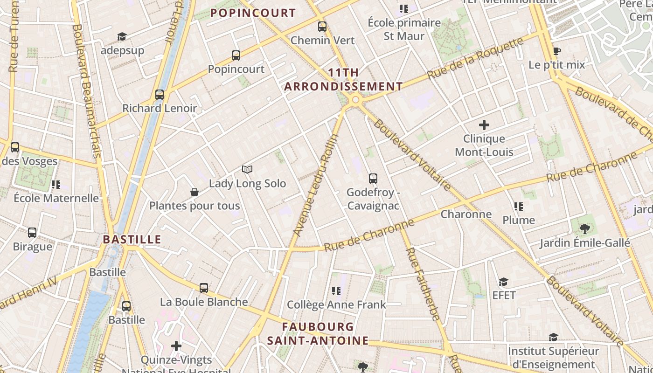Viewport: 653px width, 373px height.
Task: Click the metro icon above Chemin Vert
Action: coord(322,27)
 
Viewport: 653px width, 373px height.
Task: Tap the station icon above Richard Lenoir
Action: coord(160,95)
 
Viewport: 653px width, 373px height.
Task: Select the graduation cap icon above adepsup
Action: coord(122,36)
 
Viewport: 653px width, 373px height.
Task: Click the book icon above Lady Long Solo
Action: coord(247,169)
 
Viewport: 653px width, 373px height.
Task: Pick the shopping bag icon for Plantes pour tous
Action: coord(195,192)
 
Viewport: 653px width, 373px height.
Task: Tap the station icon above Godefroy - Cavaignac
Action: coord(373,178)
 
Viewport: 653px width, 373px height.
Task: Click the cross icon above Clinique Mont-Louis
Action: coord(484,125)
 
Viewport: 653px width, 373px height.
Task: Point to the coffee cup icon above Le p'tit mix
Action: coord(556,51)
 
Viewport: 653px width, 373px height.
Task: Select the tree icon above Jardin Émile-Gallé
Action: coord(585,228)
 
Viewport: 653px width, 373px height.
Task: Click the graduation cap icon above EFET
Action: coord(503,282)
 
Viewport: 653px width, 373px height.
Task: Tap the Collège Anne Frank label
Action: coord(336,304)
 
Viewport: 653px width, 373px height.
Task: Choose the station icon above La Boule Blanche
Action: coord(204,288)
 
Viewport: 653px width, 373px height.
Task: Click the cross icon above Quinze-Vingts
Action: coord(176,346)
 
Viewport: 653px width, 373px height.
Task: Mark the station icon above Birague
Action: coord(32,232)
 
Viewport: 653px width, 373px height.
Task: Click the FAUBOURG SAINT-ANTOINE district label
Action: coord(318,333)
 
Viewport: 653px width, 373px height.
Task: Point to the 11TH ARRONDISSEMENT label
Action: coord(343,80)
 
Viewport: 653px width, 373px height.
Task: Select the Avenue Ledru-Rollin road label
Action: coord(316,185)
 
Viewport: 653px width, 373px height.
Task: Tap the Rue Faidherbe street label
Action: coord(423,284)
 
